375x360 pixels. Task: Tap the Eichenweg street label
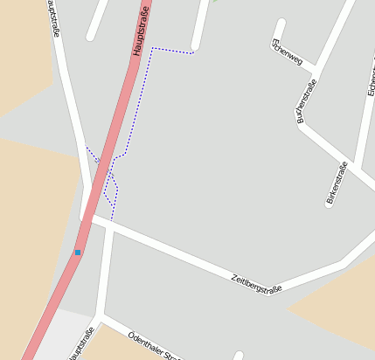pyautogui.click(x=288, y=52)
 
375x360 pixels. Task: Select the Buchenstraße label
pyautogui.click(x=307, y=100)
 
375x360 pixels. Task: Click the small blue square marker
pyautogui.click(x=78, y=253)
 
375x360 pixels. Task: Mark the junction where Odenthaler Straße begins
pyautogui.click(x=101, y=315)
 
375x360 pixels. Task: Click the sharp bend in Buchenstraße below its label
pyautogui.click(x=300, y=121)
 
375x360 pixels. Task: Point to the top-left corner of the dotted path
pyautogui.click(x=152, y=48)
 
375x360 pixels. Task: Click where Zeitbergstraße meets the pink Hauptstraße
pyautogui.click(x=87, y=218)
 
